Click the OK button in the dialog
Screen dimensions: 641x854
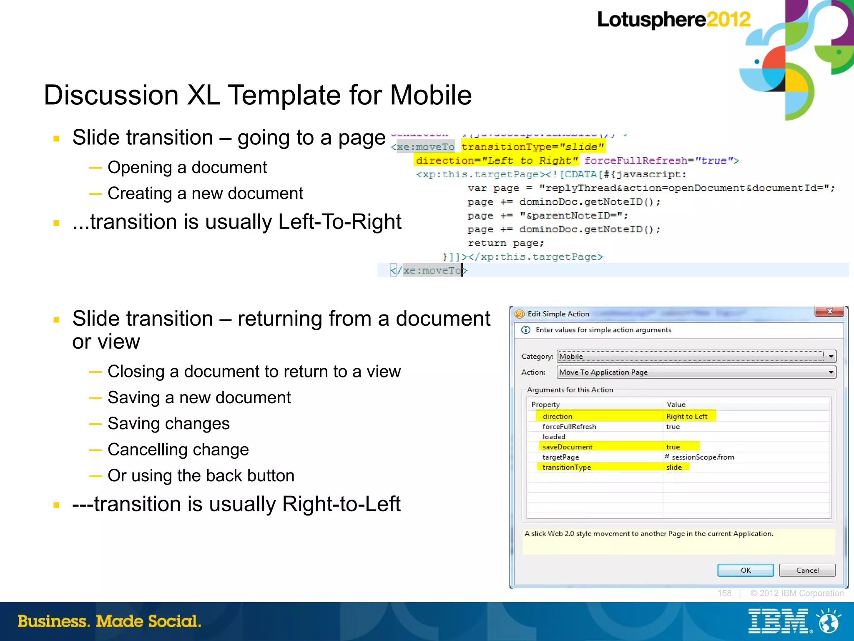(x=745, y=570)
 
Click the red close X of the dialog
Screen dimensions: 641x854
(x=829, y=312)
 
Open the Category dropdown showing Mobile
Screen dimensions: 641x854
(x=831, y=357)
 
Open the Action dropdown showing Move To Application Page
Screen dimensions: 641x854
(x=831, y=372)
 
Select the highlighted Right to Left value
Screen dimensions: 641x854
(x=687, y=416)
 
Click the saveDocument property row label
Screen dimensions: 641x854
(x=567, y=447)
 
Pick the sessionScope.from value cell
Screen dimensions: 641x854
(x=703, y=457)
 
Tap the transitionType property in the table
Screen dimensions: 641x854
(x=566, y=468)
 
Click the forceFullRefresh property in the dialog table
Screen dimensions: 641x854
(x=569, y=427)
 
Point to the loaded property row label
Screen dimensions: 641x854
(x=554, y=437)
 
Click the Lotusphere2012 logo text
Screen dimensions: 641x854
(x=673, y=20)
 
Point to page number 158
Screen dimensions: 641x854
(x=724, y=593)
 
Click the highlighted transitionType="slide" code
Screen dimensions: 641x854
(x=532, y=147)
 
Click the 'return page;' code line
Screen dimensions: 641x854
(x=505, y=243)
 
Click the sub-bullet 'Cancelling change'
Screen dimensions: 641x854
(x=178, y=450)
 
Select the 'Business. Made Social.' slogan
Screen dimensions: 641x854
(x=109, y=621)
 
